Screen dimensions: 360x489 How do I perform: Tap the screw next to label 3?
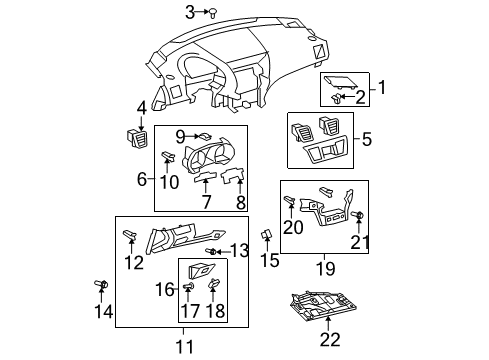[x=213, y=12]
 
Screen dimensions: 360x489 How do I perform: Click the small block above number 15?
[x=267, y=235]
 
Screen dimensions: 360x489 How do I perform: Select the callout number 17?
[x=190, y=310]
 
